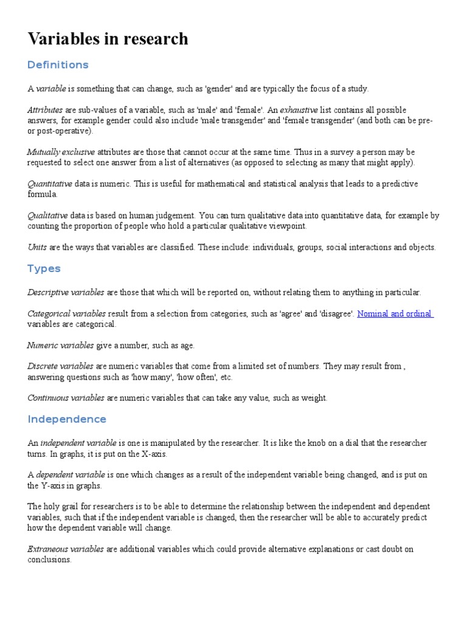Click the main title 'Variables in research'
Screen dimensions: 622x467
click(108, 39)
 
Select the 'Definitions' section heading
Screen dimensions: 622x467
click(58, 65)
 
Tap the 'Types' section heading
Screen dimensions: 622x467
click(44, 268)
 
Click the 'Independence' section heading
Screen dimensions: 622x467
click(67, 419)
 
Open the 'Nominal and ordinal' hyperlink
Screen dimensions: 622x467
click(395, 314)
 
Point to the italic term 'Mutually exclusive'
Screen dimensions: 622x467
click(61, 152)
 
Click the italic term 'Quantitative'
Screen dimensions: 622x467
click(50, 184)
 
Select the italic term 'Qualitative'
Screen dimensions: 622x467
click(48, 216)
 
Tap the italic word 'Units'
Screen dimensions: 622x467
click(37, 248)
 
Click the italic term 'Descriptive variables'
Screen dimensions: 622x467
click(66, 292)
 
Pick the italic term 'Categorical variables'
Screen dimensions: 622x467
click(66, 314)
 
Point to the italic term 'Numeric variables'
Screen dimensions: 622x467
click(60, 346)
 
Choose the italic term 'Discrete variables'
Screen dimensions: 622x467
click(60, 366)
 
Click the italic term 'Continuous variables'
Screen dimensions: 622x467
click(66, 398)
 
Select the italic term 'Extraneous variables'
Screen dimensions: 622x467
click(66, 549)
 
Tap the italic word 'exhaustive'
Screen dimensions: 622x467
click(299, 110)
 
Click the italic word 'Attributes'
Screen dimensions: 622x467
click(45, 110)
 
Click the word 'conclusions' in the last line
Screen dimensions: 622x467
click(49, 559)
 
